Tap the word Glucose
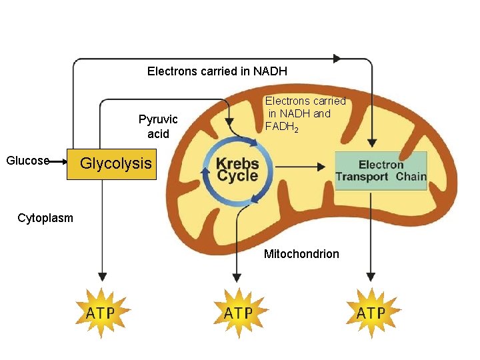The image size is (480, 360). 27,161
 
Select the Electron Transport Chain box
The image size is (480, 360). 380,171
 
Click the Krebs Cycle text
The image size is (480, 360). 237,170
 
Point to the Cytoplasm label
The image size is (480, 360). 45,218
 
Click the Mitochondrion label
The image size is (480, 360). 301,254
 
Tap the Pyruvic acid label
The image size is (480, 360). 158,127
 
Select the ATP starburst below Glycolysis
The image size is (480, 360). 101,312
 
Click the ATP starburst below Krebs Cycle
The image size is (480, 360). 237,312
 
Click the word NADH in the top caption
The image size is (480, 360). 270,71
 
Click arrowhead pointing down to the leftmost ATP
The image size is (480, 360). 102,275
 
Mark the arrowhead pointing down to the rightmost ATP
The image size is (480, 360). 371,275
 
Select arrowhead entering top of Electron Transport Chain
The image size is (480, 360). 372,142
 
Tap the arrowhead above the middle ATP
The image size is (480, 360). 235,275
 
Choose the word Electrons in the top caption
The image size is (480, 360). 172,71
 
